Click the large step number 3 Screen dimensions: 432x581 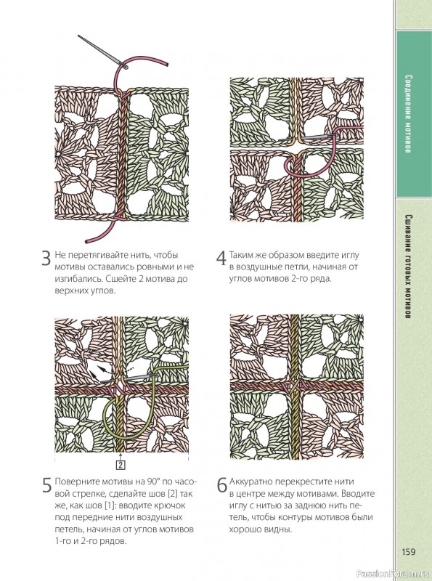pos(46,259)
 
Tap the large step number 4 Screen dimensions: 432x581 pos(221,259)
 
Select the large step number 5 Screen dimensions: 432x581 pos(46,485)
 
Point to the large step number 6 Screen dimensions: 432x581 pos(221,485)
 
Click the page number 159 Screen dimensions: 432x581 pos(408,552)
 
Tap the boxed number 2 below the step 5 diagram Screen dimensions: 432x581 pos(121,465)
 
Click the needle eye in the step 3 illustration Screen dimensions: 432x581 pos(124,67)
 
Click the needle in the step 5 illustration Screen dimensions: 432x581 pos(130,378)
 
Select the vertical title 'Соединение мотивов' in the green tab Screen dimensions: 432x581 pos(408,114)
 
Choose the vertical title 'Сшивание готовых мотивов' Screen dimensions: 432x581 pos(408,267)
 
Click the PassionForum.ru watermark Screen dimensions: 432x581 pos(393,574)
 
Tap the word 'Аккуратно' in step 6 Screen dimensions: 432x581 pos(249,482)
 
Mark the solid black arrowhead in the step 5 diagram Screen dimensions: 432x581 pos(93,375)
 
